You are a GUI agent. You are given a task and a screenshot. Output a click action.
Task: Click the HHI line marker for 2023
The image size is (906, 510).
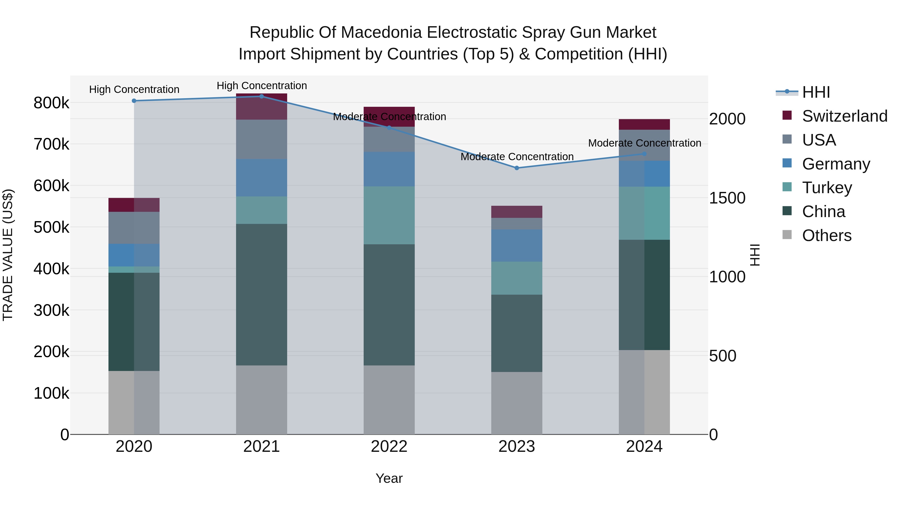tap(517, 168)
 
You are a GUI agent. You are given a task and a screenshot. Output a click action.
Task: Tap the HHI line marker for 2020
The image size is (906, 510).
tap(134, 101)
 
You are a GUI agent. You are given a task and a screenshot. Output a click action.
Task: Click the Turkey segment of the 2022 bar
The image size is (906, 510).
tap(389, 215)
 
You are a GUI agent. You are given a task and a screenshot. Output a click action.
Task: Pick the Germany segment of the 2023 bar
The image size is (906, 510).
tap(517, 245)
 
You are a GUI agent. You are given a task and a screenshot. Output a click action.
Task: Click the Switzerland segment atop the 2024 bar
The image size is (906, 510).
tap(644, 124)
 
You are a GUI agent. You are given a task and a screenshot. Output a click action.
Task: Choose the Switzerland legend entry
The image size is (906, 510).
tap(844, 116)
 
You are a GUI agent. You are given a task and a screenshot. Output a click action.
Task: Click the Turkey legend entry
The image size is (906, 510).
tap(826, 188)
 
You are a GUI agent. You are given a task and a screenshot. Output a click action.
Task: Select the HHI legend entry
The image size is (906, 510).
tap(816, 92)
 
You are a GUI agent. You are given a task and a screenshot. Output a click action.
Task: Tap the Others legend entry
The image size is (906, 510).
tap(826, 235)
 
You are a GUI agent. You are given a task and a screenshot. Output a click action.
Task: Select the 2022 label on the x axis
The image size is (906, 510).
tap(389, 447)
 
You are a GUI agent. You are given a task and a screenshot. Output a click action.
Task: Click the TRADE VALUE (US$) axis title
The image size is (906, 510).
tap(8, 255)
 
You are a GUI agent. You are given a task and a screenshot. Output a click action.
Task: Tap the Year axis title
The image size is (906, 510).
tap(389, 478)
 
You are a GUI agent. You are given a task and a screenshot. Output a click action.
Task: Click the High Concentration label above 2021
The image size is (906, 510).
tap(262, 86)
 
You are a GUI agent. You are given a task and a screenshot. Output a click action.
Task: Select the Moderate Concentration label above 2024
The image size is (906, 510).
tap(644, 143)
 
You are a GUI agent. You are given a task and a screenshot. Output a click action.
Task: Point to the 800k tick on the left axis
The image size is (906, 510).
tap(51, 103)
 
